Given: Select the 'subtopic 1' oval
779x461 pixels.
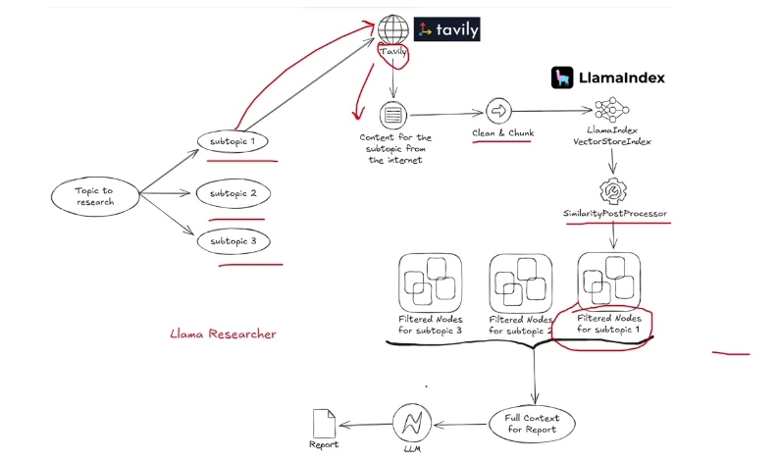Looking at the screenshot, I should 233,142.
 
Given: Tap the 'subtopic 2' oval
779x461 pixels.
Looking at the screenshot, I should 233,194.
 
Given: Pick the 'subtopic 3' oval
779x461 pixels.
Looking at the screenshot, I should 233,240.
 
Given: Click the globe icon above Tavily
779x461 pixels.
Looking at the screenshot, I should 393,29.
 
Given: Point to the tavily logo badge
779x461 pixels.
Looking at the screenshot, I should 447,30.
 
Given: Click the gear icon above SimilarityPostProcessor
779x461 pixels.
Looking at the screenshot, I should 613,189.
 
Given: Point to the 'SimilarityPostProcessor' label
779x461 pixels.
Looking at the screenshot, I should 616,213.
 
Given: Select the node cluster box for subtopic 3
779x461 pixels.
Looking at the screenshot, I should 430,281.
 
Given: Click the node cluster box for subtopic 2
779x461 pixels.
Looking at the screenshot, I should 521,281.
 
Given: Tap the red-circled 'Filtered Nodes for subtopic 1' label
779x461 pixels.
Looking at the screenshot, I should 608,324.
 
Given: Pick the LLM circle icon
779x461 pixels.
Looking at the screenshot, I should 411,424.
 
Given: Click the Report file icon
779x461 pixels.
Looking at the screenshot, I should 324,424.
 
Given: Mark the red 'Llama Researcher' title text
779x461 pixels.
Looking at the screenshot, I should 223,334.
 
